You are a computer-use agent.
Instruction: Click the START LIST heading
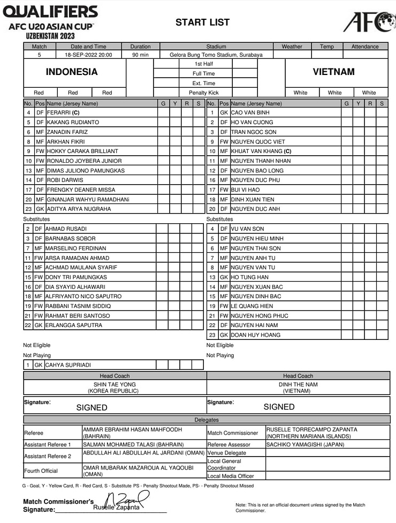pos(202,22)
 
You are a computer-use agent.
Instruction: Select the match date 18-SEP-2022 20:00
pos(89,55)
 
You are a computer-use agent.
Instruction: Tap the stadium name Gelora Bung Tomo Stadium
pos(216,55)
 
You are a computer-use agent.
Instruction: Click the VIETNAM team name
pos(333,72)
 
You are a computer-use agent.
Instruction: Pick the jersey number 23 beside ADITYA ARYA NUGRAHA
pos(28,209)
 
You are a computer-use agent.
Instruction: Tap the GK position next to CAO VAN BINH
pos(224,112)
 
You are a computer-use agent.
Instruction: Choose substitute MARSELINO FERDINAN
pos(76,248)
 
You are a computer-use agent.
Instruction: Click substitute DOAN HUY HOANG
pos(255,335)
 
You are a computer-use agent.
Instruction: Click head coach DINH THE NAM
pos(298,384)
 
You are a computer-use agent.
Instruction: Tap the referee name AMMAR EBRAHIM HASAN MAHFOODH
pos(132,429)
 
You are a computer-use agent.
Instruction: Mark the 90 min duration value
pos(140,55)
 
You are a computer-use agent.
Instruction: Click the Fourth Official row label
pos(41,471)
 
